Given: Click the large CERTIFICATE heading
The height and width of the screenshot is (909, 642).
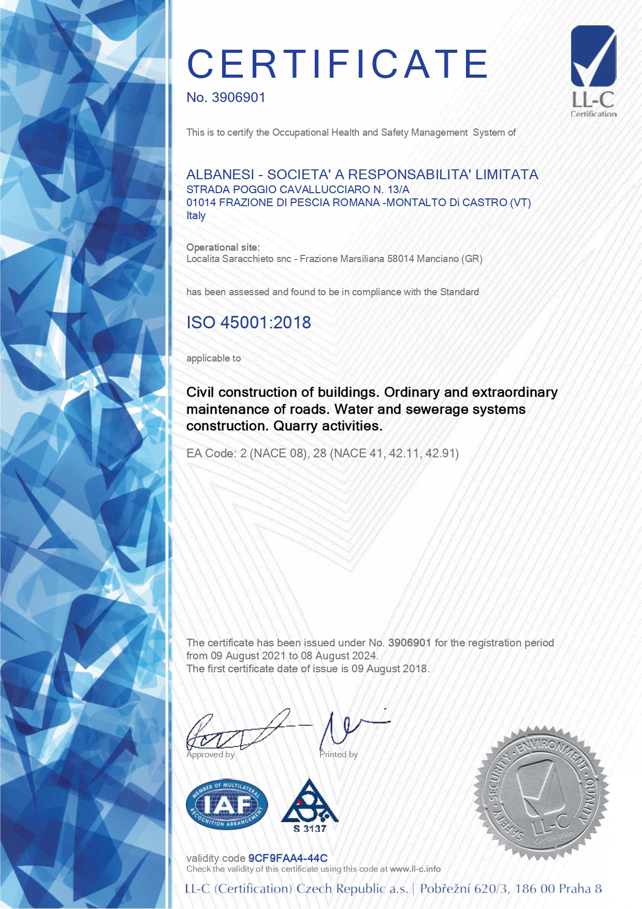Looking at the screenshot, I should (x=338, y=64).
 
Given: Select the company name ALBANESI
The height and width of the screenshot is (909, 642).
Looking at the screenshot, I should (x=220, y=175).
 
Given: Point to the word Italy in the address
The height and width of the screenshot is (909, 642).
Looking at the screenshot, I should (x=196, y=215).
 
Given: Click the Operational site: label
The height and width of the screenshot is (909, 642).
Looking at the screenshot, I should (x=223, y=247).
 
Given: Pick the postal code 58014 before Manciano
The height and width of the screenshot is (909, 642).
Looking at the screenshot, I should (x=401, y=258).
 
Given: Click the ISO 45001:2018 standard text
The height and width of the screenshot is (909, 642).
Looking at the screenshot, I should (x=249, y=322).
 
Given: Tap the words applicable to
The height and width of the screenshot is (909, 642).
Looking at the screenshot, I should (x=213, y=358).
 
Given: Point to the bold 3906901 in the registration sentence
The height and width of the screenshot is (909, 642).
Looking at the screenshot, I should (x=410, y=643).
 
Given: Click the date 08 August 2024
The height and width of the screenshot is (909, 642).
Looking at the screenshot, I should (x=339, y=656).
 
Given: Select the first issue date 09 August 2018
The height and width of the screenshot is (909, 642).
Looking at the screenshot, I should (x=390, y=669).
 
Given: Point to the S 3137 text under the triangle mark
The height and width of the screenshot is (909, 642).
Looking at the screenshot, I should (x=310, y=828).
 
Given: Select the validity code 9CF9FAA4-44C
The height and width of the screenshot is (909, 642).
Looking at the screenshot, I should (x=288, y=858).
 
